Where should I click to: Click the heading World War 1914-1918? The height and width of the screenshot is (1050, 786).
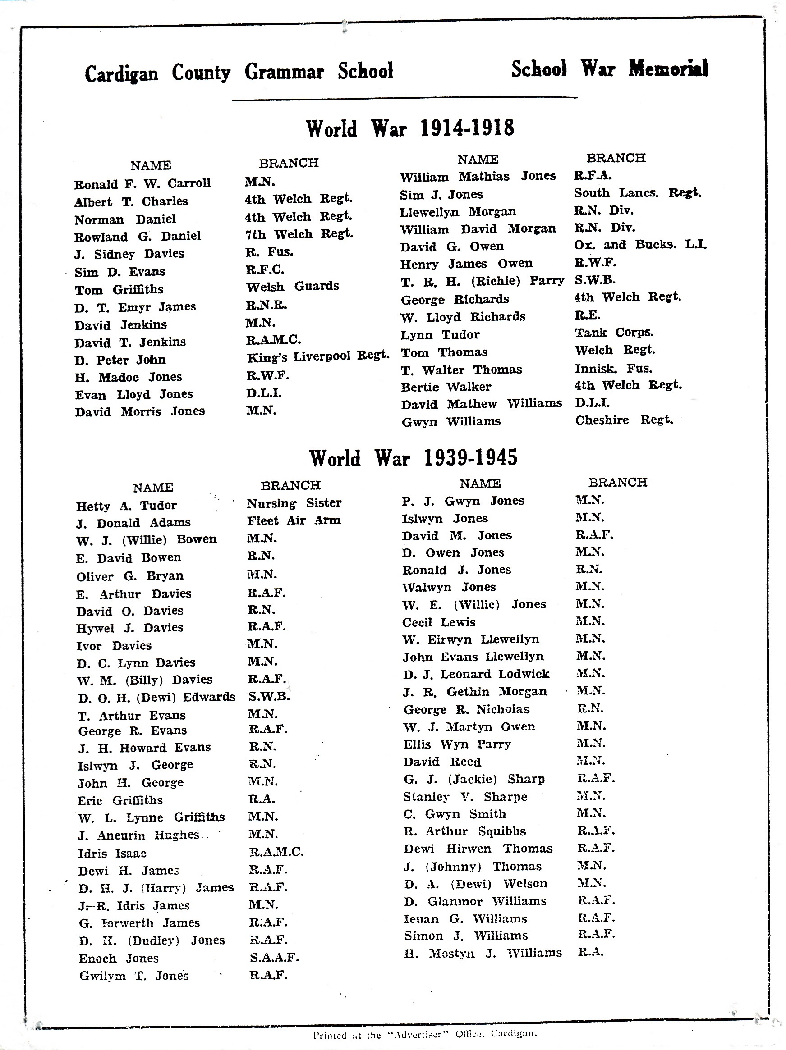tap(409, 128)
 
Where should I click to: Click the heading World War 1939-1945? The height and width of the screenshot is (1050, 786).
tap(413, 458)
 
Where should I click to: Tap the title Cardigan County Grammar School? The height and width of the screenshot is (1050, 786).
tap(239, 72)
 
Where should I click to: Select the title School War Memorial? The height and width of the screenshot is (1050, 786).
tap(609, 69)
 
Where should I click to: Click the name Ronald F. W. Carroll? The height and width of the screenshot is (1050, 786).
tap(142, 184)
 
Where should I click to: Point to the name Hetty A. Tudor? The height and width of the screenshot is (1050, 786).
tap(126, 506)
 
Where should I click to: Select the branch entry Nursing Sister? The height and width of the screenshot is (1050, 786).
tap(294, 503)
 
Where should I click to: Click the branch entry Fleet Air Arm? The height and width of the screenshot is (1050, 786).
tap(294, 520)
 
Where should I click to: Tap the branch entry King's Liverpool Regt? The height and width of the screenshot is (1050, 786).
tap(318, 356)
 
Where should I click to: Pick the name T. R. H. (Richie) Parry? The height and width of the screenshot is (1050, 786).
tap(482, 281)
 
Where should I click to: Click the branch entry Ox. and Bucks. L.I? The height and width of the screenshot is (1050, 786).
tap(640, 245)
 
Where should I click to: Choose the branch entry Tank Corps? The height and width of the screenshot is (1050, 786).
tap(614, 332)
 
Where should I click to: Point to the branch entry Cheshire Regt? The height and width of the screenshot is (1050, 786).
tap(624, 420)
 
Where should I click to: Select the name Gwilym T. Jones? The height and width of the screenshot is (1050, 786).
tap(134, 976)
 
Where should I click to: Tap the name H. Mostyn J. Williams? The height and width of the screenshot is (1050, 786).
tap(483, 953)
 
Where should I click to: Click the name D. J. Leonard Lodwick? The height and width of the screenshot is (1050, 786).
tap(476, 674)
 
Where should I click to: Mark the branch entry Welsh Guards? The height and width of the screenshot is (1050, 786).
tap(292, 286)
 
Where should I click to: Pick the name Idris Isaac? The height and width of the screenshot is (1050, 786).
tap(112, 854)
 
